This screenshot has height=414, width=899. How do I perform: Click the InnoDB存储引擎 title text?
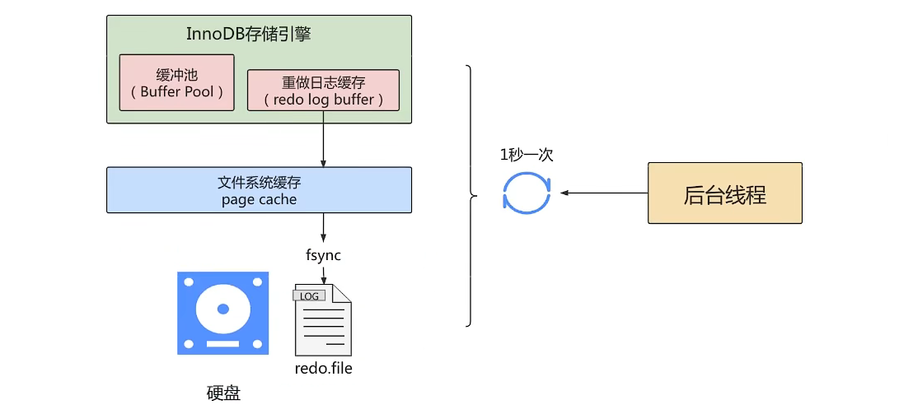pyautogui.click(x=249, y=35)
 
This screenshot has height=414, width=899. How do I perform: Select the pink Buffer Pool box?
pyautogui.click(x=176, y=82)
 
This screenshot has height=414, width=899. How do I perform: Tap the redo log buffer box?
pyautogui.click(x=323, y=90)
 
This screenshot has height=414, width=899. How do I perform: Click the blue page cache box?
pyautogui.click(x=259, y=190)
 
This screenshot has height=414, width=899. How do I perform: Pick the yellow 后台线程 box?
pyautogui.click(x=724, y=193)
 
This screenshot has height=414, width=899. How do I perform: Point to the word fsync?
pyautogui.click(x=324, y=255)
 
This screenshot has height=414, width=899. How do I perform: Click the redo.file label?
pyautogui.click(x=323, y=368)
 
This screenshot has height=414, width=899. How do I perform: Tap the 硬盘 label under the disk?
pyautogui.click(x=223, y=394)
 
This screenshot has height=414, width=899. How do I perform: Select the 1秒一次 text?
pyautogui.click(x=527, y=156)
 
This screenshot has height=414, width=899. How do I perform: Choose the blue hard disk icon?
pyautogui.click(x=223, y=314)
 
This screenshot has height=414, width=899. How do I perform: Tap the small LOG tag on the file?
pyautogui.click(x=309, y=295)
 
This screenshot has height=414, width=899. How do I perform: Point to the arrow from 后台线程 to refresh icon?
pyautogui.click(x=604, y=193)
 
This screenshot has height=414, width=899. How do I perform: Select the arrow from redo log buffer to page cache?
pyautogui.click(x=323, y=138)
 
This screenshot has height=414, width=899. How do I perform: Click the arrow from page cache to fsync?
pyautogui.click(x=323, y=228)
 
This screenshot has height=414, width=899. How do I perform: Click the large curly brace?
pyautogui.click(x=471, y=196)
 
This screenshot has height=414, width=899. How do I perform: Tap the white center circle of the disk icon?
pyautogui.click(x=222, y=308)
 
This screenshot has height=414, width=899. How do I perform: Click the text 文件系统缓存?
pyautogui.click(x=259, y=184)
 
